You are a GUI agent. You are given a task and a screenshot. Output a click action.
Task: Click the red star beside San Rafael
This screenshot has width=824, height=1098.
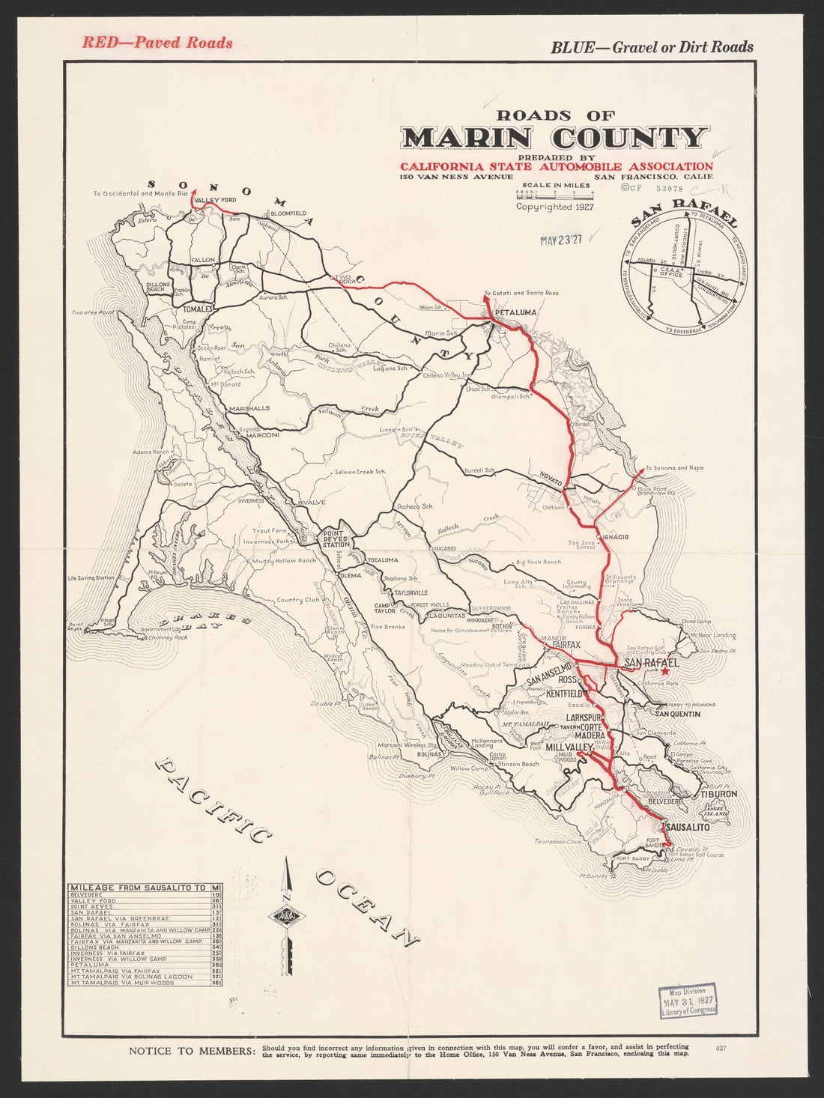(664, 672)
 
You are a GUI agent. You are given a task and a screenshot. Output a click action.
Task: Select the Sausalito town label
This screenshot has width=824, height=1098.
(687, 828)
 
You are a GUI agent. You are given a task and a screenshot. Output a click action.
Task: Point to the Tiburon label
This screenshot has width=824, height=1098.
(719, 793)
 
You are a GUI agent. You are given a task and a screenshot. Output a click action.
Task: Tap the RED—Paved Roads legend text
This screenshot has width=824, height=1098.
(157, 43)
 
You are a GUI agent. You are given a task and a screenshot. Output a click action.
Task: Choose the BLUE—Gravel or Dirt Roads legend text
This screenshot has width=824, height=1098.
(652, 47)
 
